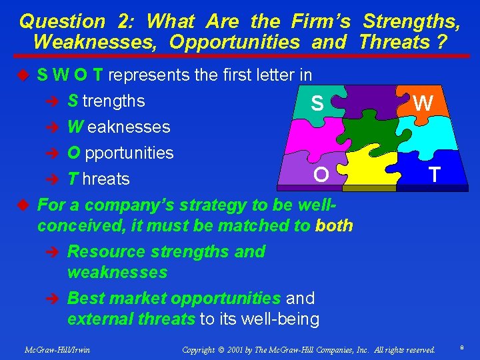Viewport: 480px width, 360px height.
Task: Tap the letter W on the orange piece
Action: coord(423,103)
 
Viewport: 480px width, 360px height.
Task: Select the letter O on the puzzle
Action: coord(321,175)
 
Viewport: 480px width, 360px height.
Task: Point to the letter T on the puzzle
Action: coord(435,175)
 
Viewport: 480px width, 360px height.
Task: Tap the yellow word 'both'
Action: coord(334,225)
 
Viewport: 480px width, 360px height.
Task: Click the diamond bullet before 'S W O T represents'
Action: coord(26,75)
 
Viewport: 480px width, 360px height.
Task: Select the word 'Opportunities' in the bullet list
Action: coord(121,153)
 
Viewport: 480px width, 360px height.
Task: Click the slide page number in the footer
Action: coord(462,348)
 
